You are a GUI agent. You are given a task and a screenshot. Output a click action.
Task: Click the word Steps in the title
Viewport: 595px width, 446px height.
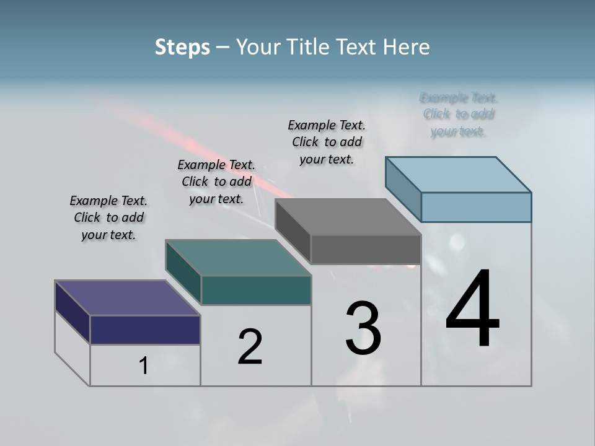click(x=182, y=47)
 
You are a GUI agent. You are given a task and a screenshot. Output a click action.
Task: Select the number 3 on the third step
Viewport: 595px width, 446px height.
click(x=363, y=328)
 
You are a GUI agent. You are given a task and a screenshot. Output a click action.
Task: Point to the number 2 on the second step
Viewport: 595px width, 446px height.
click(x=250, y=347)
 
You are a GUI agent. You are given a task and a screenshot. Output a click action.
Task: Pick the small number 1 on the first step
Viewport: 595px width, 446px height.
click(x=144, y=366)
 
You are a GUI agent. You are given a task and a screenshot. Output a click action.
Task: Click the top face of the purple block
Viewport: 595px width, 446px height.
click(x=127, y=298)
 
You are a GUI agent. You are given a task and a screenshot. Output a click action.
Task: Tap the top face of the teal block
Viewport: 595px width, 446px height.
click(x=238, y=258)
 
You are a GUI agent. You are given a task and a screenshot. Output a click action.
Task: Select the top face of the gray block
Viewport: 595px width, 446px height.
click(x=348, y=217)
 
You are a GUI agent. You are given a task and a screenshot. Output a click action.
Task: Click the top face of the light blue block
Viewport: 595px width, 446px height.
click(x=458, y=175)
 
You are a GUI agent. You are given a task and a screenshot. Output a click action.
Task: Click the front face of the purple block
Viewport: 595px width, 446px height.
click(x=145, y=330)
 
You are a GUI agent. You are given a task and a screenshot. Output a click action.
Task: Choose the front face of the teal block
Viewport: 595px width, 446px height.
click(x=256, y=290)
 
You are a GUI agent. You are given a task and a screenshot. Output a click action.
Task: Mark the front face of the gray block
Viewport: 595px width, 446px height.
click(x=366, y=250)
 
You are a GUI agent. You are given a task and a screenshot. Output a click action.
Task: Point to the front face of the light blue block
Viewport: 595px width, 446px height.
click(x=476, y=207)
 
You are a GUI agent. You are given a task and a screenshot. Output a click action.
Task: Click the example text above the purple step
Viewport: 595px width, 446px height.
click(x=108, y=217)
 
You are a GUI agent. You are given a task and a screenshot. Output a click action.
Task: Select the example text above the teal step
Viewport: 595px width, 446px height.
click(x=216, y=181)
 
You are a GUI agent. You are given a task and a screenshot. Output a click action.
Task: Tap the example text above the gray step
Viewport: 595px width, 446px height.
click(x=327, y=142)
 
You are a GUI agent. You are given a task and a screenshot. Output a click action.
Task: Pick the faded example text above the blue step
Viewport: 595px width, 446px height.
click(x=459, y=115)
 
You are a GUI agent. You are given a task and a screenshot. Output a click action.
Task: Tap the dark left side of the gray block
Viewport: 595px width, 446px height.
click(x=293, y=226)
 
